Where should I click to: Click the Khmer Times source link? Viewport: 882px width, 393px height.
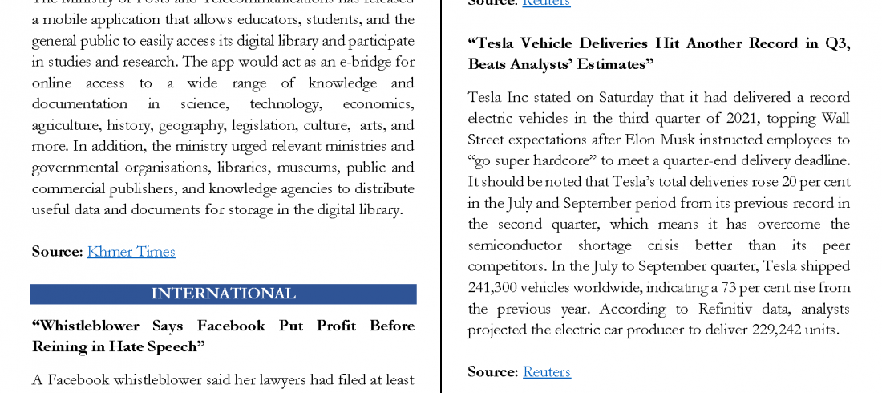coord(131,252)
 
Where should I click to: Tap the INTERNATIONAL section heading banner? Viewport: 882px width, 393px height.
coord(223,294)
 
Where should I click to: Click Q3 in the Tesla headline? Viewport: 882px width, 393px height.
coord(835,43)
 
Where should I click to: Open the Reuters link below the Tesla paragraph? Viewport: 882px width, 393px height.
coord(546,371)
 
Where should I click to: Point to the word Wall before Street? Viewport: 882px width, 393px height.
coord(834,119)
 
